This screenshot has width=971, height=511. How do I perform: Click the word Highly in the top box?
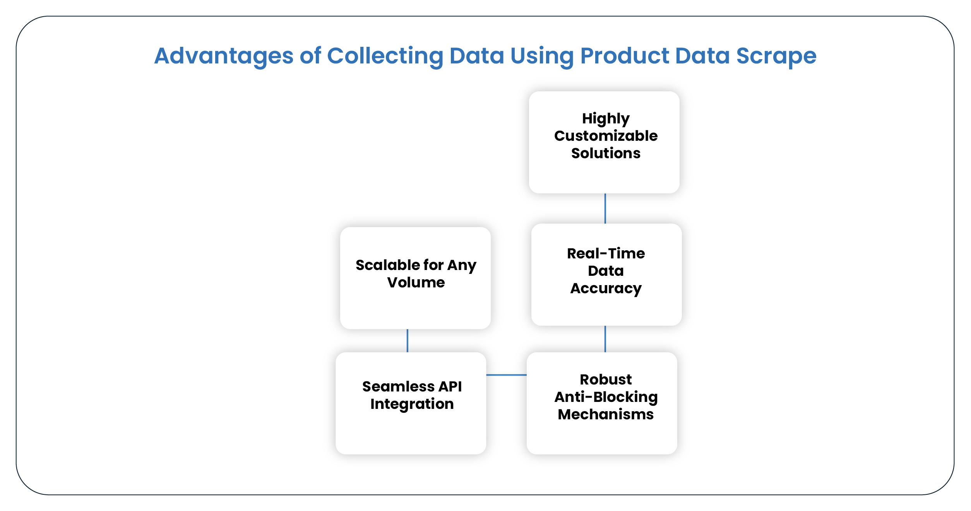(x=606, y=119)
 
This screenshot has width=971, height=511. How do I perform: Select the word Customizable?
(x=606, y=136)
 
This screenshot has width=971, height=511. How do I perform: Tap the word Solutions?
(x=606, y=153)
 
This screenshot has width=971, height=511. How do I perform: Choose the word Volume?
(x=416, y=282)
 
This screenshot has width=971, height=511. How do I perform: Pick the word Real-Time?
(x=606, y=253)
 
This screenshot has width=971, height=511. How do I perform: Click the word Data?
(x=606, y=271)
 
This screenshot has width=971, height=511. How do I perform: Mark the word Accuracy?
(x=606, y=289)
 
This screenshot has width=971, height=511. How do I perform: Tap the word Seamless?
(x=398, y=386)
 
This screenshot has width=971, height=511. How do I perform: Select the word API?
(x=450, y=386)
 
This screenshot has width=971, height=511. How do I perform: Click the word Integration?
(x=412, y=404)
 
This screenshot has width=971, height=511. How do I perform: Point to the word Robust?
(x=606, y=379)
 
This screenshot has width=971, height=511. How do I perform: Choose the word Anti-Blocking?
(x=606, y=397)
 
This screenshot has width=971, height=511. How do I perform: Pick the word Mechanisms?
(x=606, y=414)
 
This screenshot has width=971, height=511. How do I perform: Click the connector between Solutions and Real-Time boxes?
(x=605, y=209)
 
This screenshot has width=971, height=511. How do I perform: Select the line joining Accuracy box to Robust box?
(x=605, y=339)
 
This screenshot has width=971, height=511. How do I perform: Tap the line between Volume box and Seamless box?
(x=407, y=340)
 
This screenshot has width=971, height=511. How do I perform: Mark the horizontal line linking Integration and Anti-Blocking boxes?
(x=506, y=375)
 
